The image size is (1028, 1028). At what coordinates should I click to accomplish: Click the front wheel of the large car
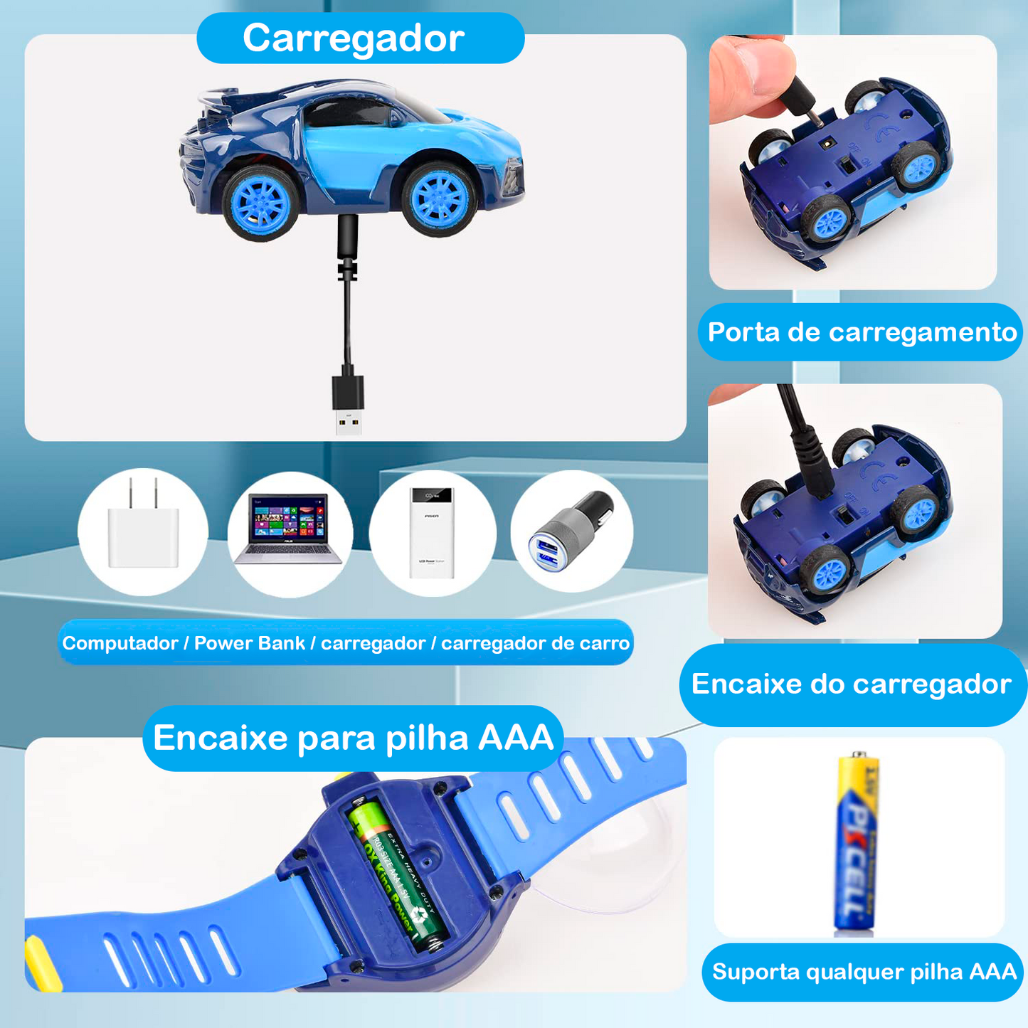(440, 197)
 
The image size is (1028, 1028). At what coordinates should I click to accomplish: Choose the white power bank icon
(431, 531)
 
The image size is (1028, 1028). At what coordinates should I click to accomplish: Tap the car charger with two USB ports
(571, 530)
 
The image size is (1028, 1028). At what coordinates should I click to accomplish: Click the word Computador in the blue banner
(120, 643)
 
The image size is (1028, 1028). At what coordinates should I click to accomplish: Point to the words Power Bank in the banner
(249, 643)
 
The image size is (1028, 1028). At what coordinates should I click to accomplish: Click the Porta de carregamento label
(862, 332)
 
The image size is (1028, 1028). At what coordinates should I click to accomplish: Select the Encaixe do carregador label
(851, 684)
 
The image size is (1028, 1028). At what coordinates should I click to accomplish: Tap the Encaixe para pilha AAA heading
(354, 738)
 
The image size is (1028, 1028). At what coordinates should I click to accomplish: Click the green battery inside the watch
(399, 876)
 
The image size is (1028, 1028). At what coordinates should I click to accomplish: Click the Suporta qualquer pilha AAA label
(864, 972)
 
